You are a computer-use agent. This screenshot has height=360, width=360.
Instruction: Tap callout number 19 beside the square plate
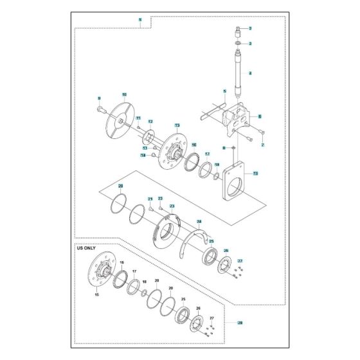click(256, 174)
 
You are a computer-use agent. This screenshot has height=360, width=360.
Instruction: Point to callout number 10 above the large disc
click(125, 94)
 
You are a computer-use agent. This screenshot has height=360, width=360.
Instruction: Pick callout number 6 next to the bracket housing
click(259, 116)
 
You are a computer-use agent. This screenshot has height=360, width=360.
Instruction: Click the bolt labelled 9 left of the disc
click(102, 111)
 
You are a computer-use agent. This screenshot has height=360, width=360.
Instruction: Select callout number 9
click(99, 98)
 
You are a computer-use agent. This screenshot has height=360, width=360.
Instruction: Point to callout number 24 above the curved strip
click(199, 221)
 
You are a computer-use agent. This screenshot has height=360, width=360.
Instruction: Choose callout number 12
click(150, 121)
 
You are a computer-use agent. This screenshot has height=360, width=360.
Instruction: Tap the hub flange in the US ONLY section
click(102, 271)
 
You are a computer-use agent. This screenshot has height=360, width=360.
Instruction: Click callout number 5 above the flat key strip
click(225, 91)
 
